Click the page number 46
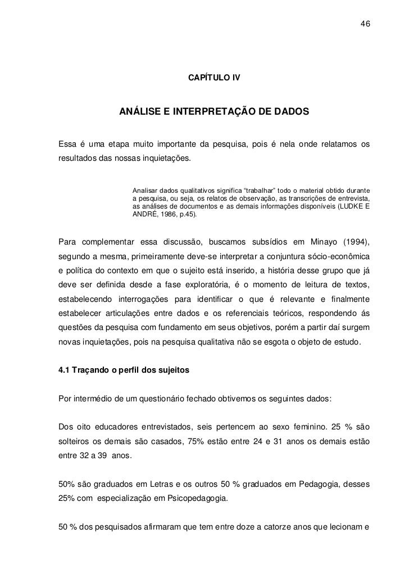[365, 24]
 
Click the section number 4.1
[65, 371]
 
